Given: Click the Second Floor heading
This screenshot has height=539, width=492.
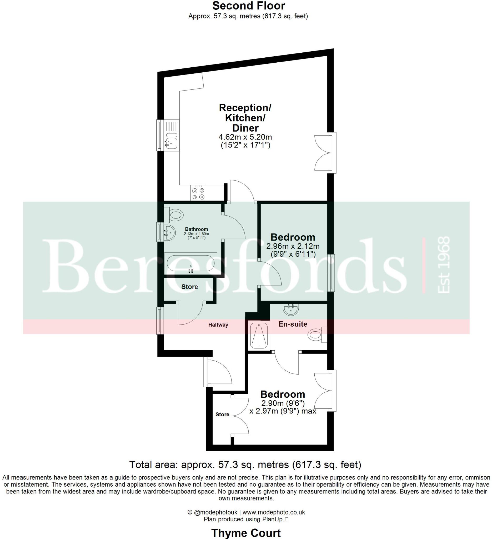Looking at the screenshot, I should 249,6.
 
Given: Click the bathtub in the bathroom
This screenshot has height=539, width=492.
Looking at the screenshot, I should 190,263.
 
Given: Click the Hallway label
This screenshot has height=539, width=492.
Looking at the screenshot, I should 218,325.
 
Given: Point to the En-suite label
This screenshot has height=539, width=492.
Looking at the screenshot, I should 293,324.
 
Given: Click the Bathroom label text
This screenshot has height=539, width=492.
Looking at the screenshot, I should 197,229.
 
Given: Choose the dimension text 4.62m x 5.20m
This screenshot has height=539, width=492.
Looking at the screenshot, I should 245,137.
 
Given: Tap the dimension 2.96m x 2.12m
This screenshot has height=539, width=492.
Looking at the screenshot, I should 293,246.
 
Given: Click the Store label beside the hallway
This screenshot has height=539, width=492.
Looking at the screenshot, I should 189,287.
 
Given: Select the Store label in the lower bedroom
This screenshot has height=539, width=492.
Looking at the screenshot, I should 222,415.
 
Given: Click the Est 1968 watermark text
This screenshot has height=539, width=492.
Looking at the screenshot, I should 443,265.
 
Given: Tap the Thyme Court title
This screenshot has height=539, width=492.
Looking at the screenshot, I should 246,533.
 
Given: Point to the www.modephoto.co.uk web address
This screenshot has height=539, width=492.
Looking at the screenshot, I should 273,512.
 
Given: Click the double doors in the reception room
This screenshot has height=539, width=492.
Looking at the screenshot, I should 324,153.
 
